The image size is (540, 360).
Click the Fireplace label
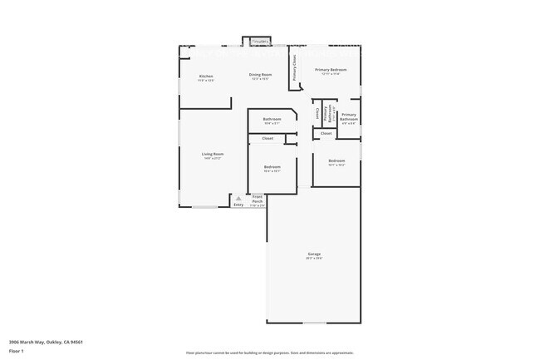[260, 40]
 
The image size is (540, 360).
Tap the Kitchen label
[206, 76]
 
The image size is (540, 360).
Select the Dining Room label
[260, 75]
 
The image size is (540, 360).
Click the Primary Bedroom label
[331, 69]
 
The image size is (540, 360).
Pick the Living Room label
[214, 154]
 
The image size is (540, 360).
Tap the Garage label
[314, 254]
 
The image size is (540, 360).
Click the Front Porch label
[258, 199]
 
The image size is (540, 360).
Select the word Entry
[238, 204]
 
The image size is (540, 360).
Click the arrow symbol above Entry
[238, 198]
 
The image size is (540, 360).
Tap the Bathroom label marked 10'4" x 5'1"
[272, 119]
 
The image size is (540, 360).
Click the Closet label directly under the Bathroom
[268, 138]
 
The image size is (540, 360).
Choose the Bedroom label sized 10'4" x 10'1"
[272, 167]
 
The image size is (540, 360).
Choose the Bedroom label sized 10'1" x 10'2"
[336, 160]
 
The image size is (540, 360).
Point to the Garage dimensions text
[314, 258]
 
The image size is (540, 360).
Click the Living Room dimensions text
[214, 158]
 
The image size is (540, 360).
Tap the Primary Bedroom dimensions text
[331, 74]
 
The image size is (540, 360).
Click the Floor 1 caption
[17, 351]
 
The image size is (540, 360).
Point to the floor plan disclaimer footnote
[270, 353]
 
